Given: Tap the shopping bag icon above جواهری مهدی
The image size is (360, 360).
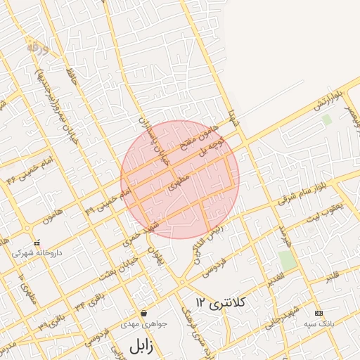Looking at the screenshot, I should [x=143, y=313].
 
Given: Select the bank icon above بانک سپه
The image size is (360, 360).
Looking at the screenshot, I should [x=319, y=312].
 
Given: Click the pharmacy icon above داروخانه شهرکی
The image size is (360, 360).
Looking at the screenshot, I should [x=37, y=243].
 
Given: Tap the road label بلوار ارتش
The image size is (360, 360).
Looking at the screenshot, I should [x=327, y=99].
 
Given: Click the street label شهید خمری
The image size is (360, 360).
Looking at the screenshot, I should [x=145, y=232].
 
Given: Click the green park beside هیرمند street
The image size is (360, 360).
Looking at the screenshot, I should [x=287, y=259].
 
